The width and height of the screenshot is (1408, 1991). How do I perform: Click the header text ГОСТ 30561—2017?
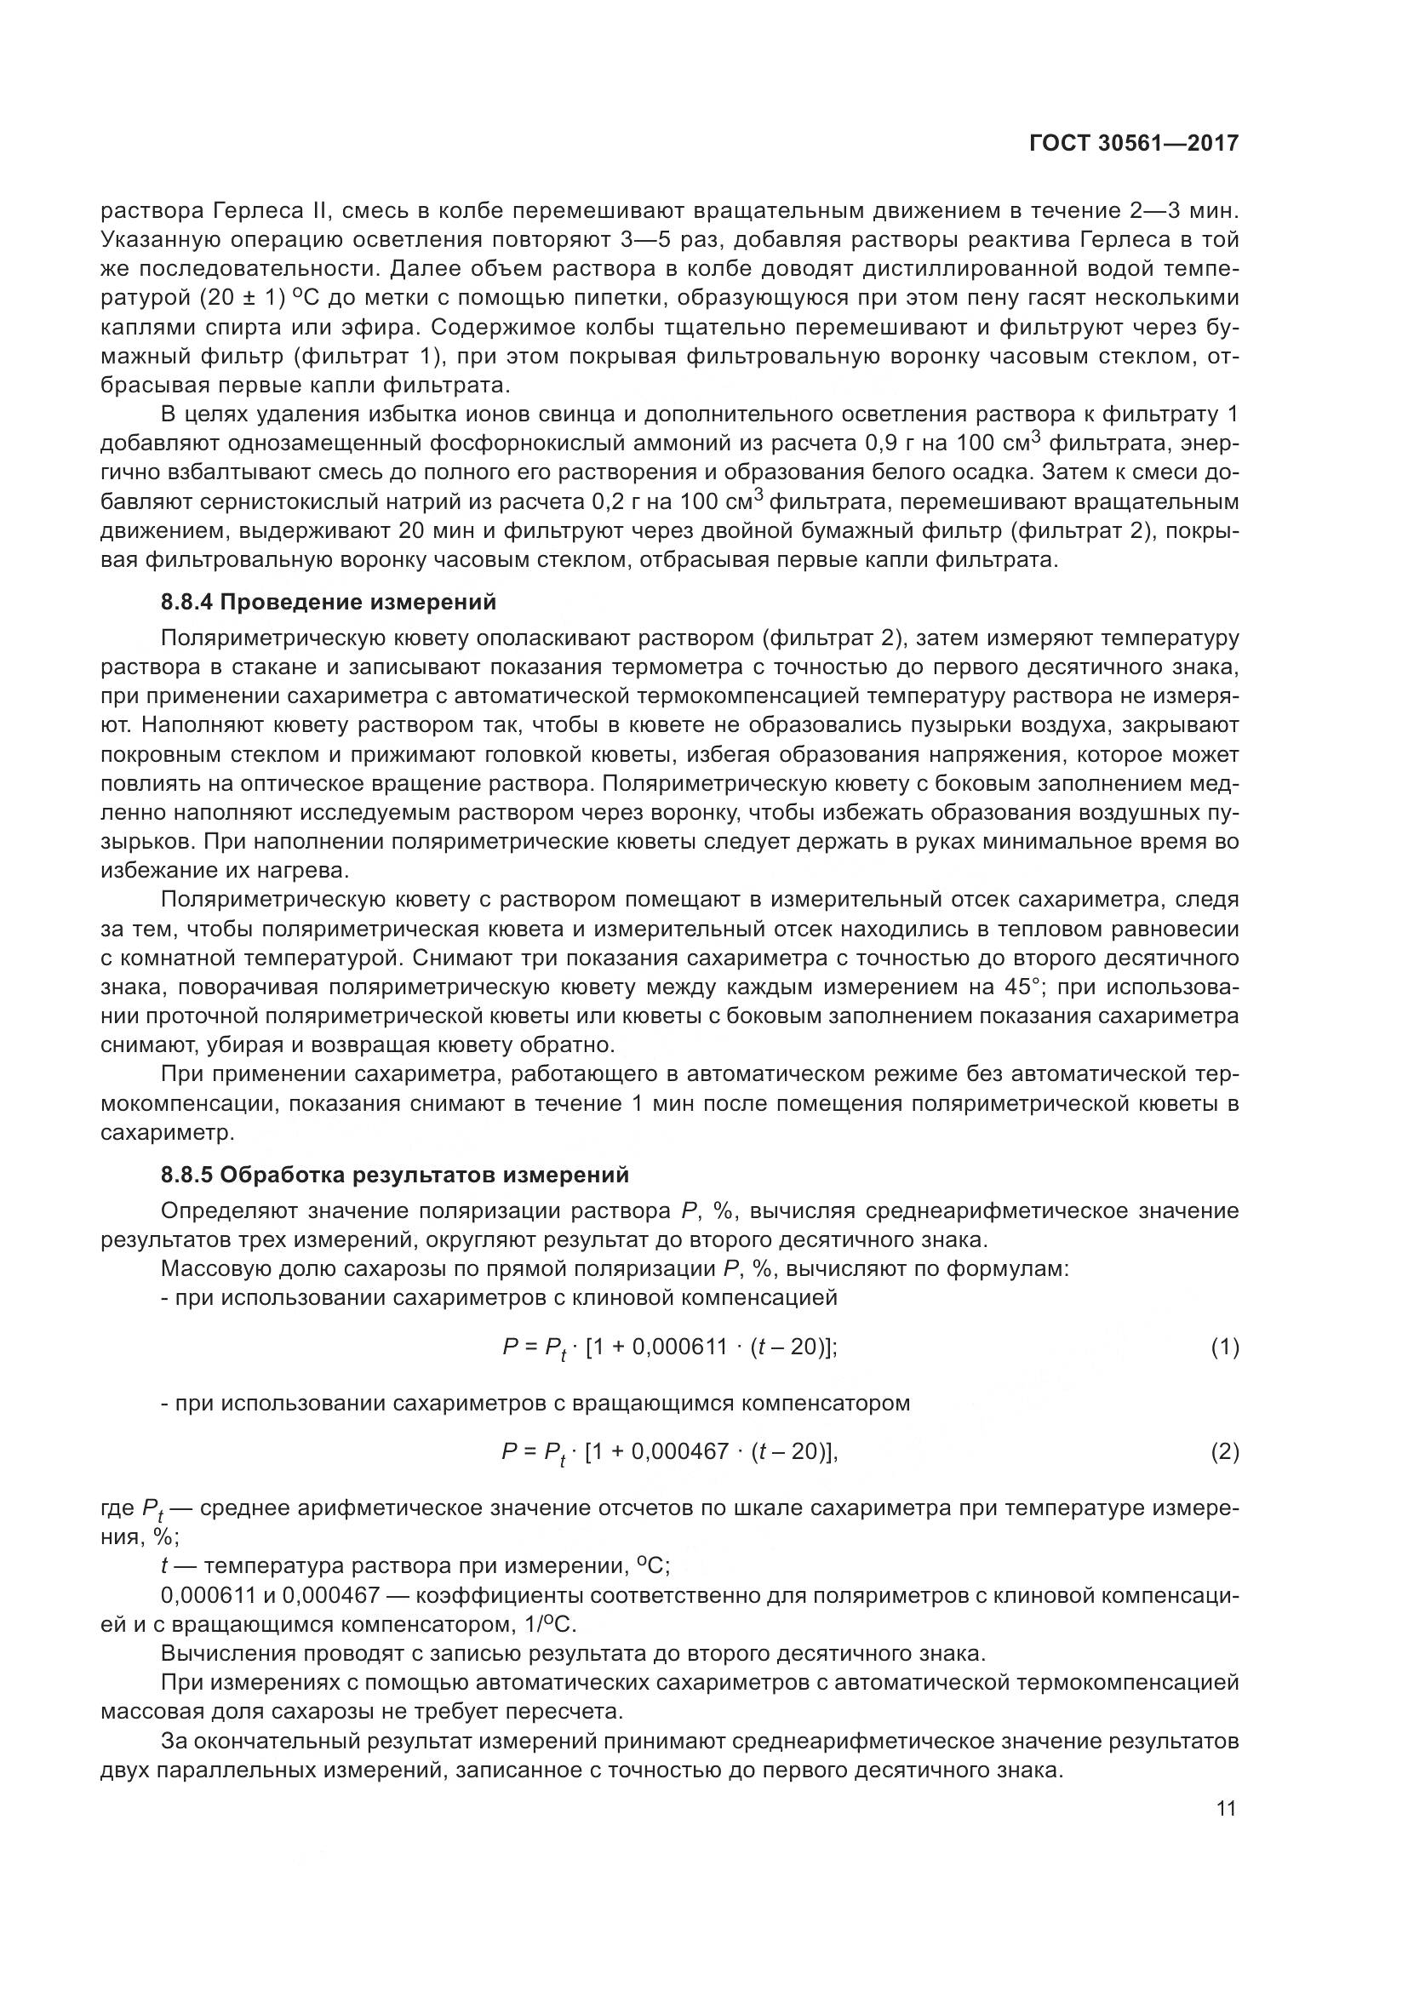click(1134, 144)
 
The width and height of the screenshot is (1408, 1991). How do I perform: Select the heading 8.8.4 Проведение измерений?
click(329, 602)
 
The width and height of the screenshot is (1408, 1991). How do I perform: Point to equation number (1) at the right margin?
click(1224, 1347)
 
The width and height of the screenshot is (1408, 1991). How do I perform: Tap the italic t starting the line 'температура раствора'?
click(165, 1566)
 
